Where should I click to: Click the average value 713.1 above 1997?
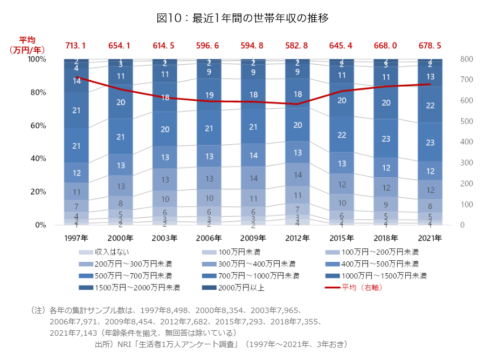pos(75,46)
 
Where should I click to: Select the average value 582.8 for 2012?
pos(297,46)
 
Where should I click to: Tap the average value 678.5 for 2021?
pos(430,46)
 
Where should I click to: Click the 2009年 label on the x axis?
pos(253,238)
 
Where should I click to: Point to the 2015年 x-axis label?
pos(342,238)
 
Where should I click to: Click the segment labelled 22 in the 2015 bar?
pos(342,135)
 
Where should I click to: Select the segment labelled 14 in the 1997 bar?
pos(76,81)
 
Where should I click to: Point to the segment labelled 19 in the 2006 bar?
pos(209,95)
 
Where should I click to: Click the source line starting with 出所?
pos(221,344)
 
